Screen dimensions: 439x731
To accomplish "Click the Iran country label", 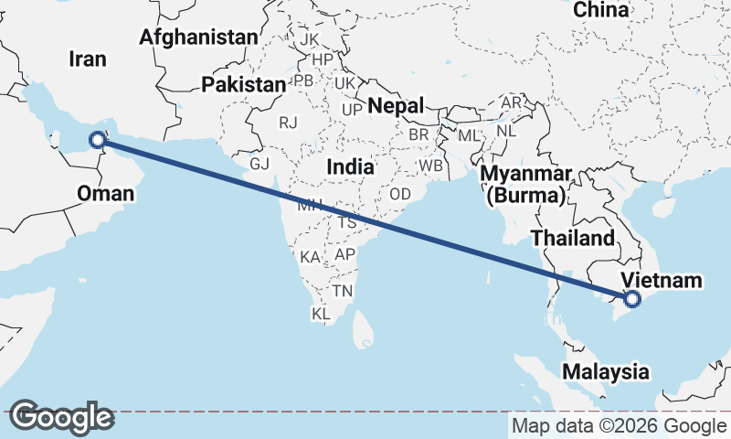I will pos(88,59).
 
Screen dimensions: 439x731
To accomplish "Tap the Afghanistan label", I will pos(199,37).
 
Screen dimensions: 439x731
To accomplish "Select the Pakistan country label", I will pos(244,85).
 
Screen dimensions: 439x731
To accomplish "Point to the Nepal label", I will pos(396,106).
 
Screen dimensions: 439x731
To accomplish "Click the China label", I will pos(601,10).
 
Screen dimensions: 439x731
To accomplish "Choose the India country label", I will pos(350,167).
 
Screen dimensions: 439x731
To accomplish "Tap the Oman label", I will pos(105,194).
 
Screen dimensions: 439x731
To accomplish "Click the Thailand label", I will pos(573,239).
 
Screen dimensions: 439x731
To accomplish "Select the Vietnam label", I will pos(661,280).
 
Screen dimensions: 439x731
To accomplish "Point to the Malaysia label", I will pos(606,372).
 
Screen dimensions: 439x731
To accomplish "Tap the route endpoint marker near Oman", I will pos(97,140).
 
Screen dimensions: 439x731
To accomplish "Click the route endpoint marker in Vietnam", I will pos(631,298).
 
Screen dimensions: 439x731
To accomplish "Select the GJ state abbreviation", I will pos(260,164).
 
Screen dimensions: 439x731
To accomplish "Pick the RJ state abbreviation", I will pos(289,122).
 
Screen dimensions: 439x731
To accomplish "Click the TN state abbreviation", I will pos(343,291).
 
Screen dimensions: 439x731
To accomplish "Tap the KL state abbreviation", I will pos(321,314).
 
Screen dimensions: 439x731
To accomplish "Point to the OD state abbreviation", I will pos(400,195).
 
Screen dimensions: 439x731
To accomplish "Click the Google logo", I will pos(60,417).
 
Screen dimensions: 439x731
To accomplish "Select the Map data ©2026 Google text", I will pos(619,426).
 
